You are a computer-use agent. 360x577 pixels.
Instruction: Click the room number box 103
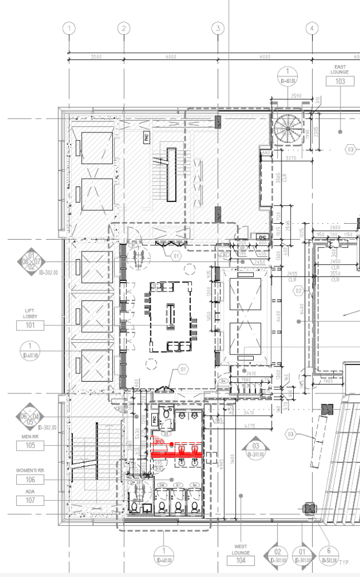[x=339, y=81]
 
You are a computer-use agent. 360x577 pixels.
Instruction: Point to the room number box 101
[x=30, y=326]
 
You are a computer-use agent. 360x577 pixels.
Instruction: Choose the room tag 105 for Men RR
[x=30, y=446]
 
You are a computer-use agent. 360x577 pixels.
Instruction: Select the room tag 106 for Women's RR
[x=30, y=480]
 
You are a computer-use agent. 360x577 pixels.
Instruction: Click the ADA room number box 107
[x=30, y=501]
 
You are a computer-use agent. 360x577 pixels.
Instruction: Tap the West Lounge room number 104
[x=240, y=561]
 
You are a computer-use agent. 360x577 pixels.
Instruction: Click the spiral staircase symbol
[x=288, y=128]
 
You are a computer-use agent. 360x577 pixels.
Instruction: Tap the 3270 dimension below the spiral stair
[x=290, y=158]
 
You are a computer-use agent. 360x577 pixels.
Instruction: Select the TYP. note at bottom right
[x=344, y=563]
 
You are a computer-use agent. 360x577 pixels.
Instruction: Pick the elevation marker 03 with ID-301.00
[x=256, y=447]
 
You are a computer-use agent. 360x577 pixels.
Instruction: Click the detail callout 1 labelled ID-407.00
[x=30, y=348]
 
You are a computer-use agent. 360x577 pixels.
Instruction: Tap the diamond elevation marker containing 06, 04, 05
[x=30, y=417]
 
